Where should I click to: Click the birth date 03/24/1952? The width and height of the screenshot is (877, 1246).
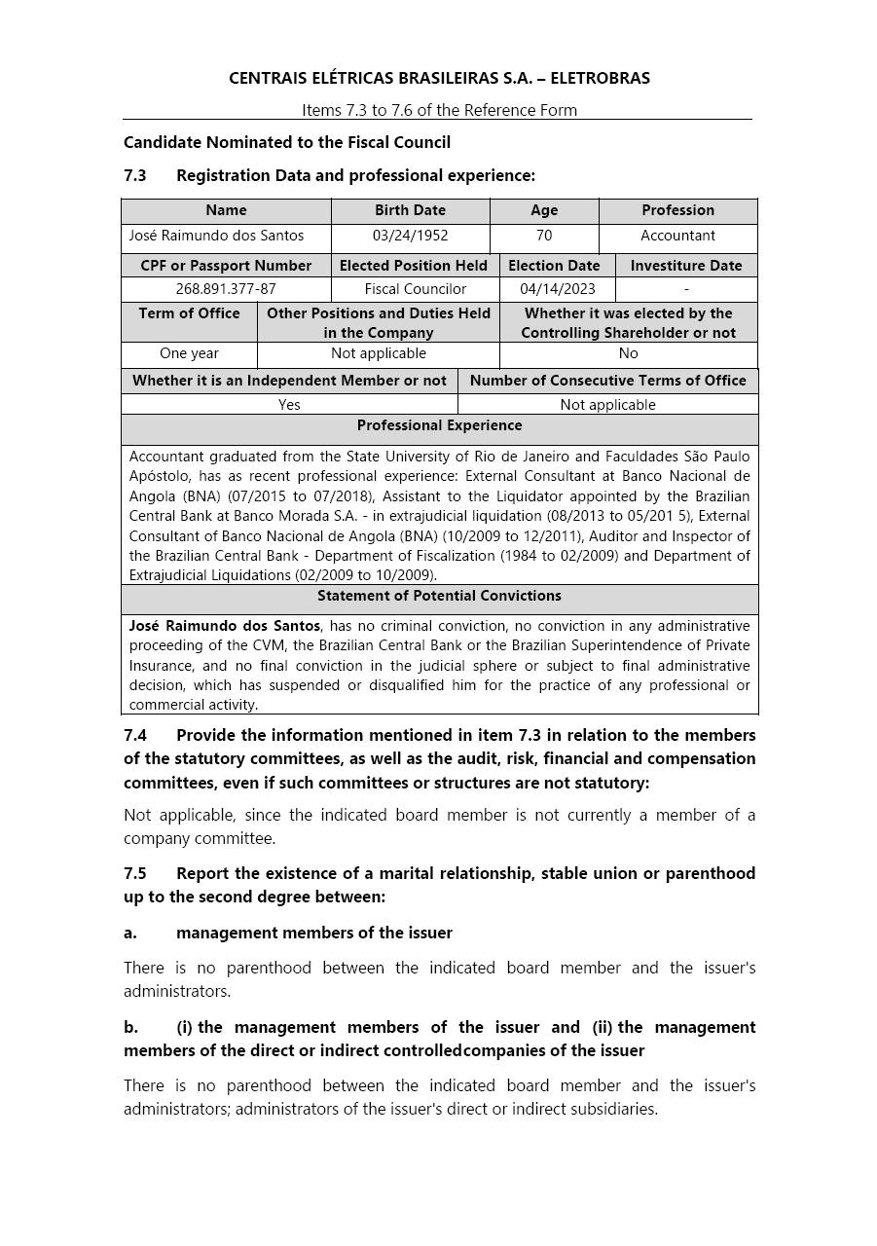click(x=410, y=236)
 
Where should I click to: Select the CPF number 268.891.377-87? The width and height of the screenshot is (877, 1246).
click(x=226, y=289)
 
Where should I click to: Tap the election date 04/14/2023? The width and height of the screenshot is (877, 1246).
click(x=558, y=289)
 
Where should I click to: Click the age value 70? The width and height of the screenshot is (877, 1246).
click(x=544, y=236)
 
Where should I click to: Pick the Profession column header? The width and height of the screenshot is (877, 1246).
click(x=677, y=210)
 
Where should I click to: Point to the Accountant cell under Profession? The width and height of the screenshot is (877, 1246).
click(x=677, y=236)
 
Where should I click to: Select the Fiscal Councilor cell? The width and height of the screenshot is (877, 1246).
click(x=416, y=289)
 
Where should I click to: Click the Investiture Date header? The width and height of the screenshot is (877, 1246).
click(x=686, y=265)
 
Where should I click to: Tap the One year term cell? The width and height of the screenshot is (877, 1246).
click(x=189, y=353)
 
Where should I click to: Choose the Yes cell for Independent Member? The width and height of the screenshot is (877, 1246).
click(x=289, y=405)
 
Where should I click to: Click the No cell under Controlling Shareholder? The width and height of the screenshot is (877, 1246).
click(x=628, y=353)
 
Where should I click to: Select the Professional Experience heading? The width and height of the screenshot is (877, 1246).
click(x=439, y=425)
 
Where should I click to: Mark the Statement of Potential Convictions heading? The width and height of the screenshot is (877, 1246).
click(x=439, y=596)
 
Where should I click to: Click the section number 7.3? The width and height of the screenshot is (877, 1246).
click(x=135, y=175)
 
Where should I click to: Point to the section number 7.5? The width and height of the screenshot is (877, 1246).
click(x=135, y=873)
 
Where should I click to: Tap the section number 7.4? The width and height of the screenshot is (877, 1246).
click(x=135, y=735)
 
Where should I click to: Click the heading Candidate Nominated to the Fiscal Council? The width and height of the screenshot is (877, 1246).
click(x=287, y=142)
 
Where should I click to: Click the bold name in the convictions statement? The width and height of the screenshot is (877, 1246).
click(x=225, y=626)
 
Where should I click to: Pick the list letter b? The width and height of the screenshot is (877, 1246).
click(x=130, y=1027)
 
